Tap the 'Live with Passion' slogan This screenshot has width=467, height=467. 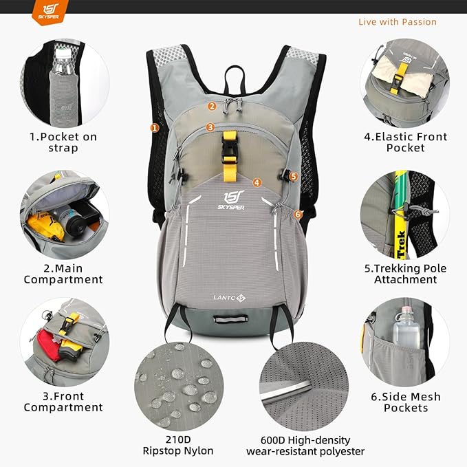click(x=397, y=22)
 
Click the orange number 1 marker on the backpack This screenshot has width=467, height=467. click(x=155, y=127)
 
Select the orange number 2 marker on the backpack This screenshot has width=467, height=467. click(x=213, y=106)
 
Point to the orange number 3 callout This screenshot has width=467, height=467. click(x=210, y=127)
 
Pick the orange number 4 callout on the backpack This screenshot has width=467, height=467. click(x=257, y=183)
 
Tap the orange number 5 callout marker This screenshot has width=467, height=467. click(x=294, y=176)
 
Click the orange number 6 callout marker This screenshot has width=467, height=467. click(x=298, y=215)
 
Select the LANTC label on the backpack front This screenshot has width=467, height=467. click(x=228, y=298)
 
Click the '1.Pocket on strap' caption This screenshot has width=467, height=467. click(x=63, y=142)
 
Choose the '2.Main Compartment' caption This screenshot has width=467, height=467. click(x=63, y=274)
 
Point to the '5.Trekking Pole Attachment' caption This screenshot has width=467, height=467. click(x=405, y=274)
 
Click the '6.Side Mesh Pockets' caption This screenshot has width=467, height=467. click(x=405, y=402)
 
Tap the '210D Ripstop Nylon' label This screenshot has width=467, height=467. click(x=178, y=445)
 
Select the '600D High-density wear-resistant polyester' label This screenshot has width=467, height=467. click(x=305, y=446)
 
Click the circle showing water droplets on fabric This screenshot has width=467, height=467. click(x=179, y=386)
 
